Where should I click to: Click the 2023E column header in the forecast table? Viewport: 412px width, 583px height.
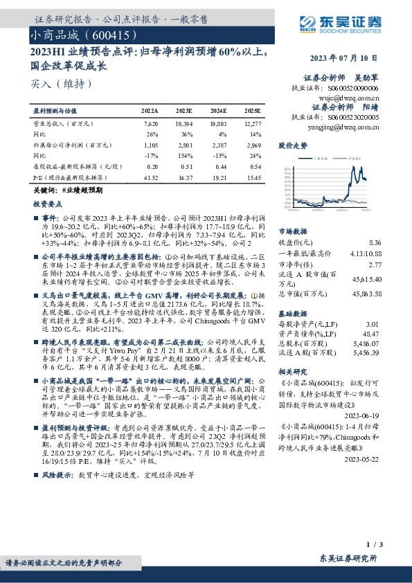click(184, 110)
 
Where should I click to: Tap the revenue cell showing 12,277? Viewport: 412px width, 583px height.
click(252, 123)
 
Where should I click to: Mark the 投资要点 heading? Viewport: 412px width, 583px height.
click(48, 204)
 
